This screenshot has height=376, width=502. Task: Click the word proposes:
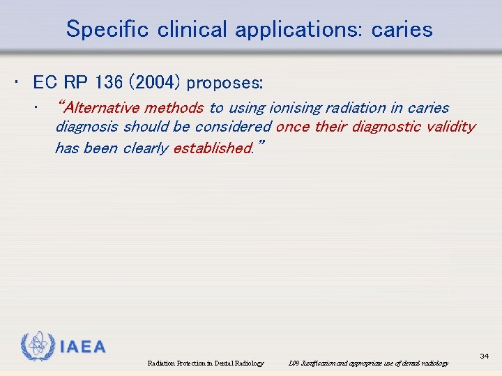pyautogui.click(x=225, y=83)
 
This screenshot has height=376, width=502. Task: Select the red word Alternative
pyautogui.click(x=99, y=108)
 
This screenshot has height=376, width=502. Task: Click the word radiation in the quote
pyautogui.click(x=349, y=108)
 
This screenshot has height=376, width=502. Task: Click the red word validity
pyautogui.click(x=452, y=127)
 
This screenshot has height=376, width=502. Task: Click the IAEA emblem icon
pyautogui.click(x=37, y=345)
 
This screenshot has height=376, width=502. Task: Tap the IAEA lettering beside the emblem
pyautogui.click(x=83, y=347)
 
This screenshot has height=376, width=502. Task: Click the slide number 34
pyautogui.click(x=484, y=357)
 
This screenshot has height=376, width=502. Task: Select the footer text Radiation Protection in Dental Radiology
pyautogui.click(x=206, y=363)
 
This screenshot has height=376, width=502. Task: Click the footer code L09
pyautogui.click(x=293, y=363)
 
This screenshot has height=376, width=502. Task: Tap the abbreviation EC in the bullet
pyautogui.click(x=45, y=82)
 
